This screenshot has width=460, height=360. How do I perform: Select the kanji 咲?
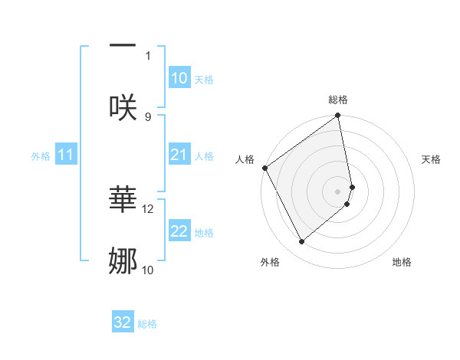click(123, 106)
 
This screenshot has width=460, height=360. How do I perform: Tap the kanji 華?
click(123, 198)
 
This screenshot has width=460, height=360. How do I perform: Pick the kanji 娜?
click(123, 260)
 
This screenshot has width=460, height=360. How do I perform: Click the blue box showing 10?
click(179, 78)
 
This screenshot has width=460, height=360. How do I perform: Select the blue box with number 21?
click(179, 155)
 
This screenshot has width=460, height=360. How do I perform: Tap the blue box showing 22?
click(179, 231)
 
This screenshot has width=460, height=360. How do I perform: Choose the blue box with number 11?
click(65, 155)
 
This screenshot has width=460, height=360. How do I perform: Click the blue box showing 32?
click(123, 322)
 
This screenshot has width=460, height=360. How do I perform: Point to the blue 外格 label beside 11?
click(41, 156)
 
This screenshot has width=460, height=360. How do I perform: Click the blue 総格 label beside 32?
click(147, 324)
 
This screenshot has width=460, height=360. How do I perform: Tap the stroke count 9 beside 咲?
click(148, 116)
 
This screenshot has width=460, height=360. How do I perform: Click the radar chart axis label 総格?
click(338, 100)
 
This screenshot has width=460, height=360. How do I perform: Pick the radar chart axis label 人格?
click(245, 159)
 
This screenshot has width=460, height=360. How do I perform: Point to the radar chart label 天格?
click(432, 159)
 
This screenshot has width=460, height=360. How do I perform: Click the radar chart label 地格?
click(402, 262)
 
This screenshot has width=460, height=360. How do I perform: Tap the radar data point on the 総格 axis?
click(338, 117)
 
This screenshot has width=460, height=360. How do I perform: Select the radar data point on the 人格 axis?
click(264, 168)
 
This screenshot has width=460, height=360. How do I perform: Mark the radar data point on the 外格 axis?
click(302, 241)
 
